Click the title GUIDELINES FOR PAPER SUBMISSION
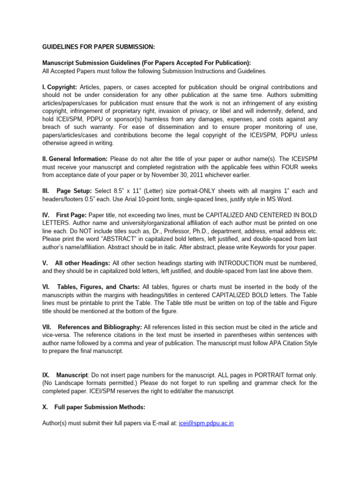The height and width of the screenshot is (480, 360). point(98,47)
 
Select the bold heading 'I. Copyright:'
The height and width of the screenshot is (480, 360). point(60,87)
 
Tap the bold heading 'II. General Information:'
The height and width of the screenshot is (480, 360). point(75,159)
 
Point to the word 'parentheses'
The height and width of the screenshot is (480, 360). point(225,335)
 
